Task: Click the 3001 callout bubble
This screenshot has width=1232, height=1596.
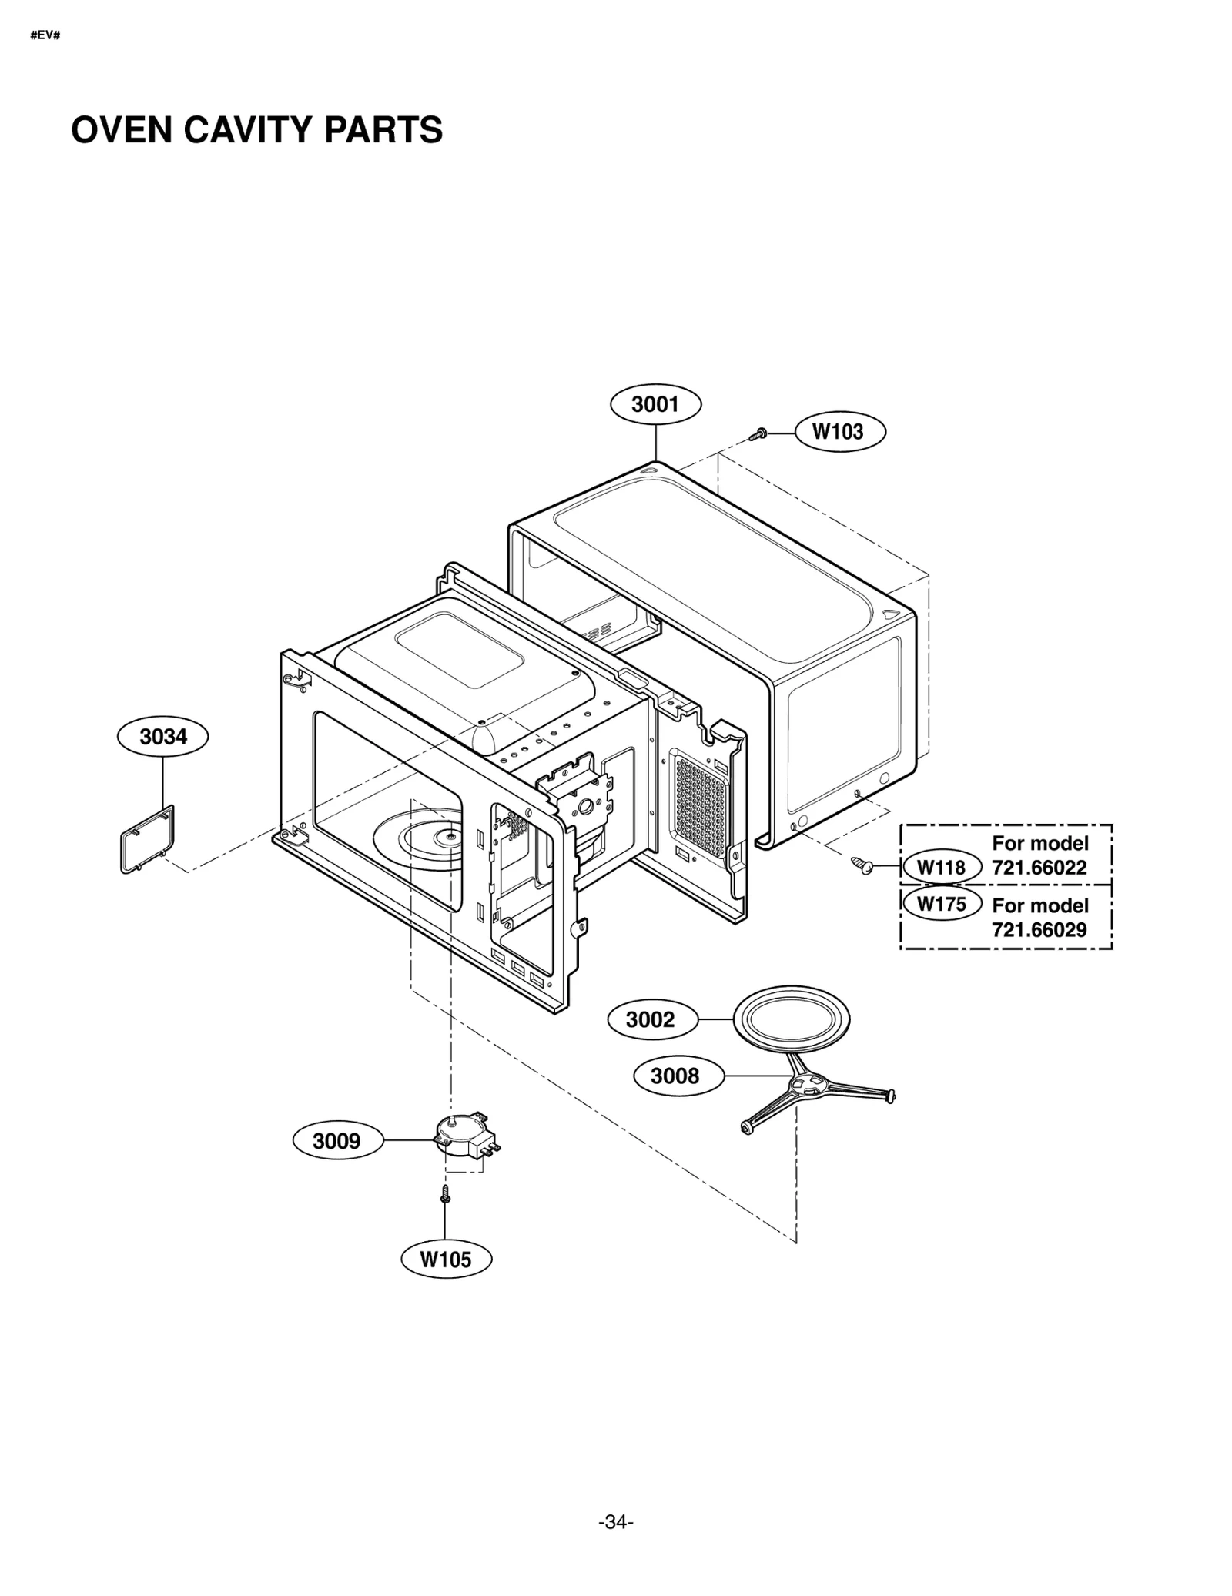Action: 654,404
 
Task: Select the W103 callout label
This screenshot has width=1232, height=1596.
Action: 838,432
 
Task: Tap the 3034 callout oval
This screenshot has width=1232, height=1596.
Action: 162,737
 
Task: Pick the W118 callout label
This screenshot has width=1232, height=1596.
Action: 940,868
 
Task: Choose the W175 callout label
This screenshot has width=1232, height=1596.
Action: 940,904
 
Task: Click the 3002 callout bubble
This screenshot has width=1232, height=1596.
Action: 651,1020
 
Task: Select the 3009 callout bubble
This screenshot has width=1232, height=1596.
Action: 337,1140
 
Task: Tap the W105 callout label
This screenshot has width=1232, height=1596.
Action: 445,1260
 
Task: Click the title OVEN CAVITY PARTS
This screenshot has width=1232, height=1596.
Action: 256,130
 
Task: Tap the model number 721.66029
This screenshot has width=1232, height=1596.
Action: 1039,929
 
